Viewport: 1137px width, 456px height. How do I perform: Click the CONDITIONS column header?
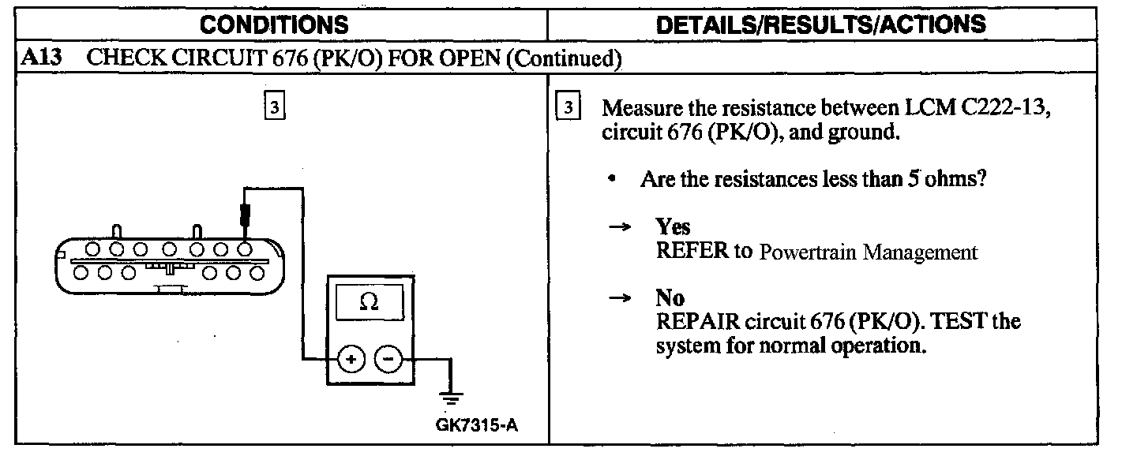coord(273,24)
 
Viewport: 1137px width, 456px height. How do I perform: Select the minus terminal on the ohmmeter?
coord(387,359)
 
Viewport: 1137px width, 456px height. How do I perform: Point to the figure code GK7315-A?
coord(477,426)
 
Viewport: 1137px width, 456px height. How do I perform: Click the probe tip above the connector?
coord(247,212)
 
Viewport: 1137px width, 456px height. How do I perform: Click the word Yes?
coord(673,227)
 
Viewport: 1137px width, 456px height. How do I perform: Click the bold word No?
coord(670,298)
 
